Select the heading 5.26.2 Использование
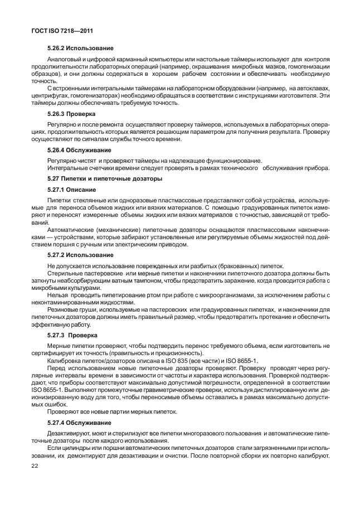point(80,48)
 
